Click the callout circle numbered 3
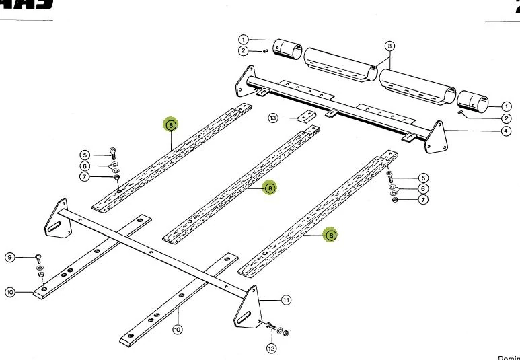coord(389,46)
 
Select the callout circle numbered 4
coord(505,131)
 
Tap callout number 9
coord(10,257)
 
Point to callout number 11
coord(286,300)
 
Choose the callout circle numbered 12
coord(271,348)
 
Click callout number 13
coord(272,118)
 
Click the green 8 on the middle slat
coord(268,188)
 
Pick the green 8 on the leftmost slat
coord(171,124)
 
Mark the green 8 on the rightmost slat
coord(330,235)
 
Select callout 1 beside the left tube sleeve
coord(244,39)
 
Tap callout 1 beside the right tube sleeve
coord(505,106)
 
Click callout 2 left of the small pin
coord(244,51)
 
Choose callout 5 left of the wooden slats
coord(85,155)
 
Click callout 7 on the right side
coord(422,200)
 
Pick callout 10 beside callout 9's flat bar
coord(10,292)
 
